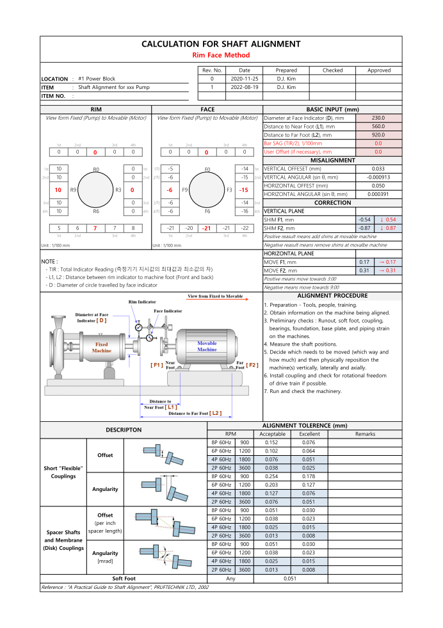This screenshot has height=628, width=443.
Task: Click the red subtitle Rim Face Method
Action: (221, 55)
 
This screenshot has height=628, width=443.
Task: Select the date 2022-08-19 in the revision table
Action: (245, 86)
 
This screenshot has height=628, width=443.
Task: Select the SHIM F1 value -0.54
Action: (365, 220)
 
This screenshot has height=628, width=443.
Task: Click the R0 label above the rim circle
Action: (96, 170)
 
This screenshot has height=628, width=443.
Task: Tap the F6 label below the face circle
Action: (207, 211)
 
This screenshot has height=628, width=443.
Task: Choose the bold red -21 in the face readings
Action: (207, 228)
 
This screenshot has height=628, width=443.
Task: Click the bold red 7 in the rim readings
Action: (95, 228)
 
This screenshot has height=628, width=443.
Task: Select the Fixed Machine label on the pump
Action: (102, 348)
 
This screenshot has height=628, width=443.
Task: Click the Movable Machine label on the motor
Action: (206, 346)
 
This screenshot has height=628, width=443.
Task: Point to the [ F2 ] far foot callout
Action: (252, 365)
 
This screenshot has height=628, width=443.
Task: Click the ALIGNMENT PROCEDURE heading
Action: (332, 296)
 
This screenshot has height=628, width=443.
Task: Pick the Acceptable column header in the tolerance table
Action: (272, 433)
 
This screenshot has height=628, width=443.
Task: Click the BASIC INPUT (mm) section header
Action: (332, 109)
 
